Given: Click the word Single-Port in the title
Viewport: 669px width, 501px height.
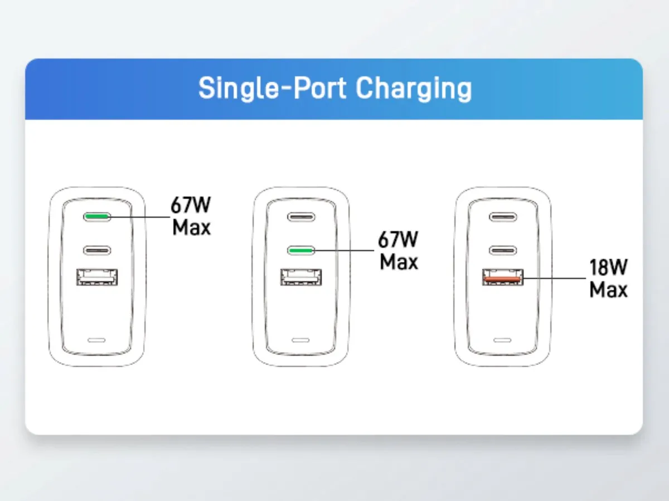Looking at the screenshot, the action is coord(273,88).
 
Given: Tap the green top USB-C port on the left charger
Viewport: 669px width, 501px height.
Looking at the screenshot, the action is coord(97,217).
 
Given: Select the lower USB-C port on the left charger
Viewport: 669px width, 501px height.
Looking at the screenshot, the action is coord(97,250).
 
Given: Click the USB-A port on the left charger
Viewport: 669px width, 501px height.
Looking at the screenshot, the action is coord(97,277).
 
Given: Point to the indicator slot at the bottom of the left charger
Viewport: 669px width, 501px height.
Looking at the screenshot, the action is coord(96,340).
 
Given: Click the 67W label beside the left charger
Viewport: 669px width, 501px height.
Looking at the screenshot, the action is coord(191,205).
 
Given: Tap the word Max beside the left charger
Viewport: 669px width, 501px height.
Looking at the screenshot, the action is coord(191,227).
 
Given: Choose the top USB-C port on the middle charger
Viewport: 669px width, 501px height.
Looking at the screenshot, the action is coord(301,217).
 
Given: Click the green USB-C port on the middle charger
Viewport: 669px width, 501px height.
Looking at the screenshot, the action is coord(301,250).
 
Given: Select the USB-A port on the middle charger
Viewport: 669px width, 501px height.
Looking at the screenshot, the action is coord(301,277).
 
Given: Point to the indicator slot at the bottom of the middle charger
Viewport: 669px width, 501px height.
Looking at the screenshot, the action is coord(300,340).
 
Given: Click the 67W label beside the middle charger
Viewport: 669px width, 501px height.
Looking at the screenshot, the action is coord(398,239).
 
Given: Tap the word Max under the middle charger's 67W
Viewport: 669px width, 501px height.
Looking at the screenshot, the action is coord(399,262).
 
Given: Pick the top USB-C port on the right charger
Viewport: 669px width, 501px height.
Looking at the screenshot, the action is coord(503,217).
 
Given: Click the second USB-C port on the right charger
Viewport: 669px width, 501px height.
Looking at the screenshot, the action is coord(503,250).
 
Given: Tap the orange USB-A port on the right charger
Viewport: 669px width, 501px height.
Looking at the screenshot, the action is coord(503,277).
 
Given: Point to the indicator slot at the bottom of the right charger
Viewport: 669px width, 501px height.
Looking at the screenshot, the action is coord(502,340).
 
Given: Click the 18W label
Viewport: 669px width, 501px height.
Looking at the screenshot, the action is coord(608,267).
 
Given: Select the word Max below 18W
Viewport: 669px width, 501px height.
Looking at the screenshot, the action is coord(608,289).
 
